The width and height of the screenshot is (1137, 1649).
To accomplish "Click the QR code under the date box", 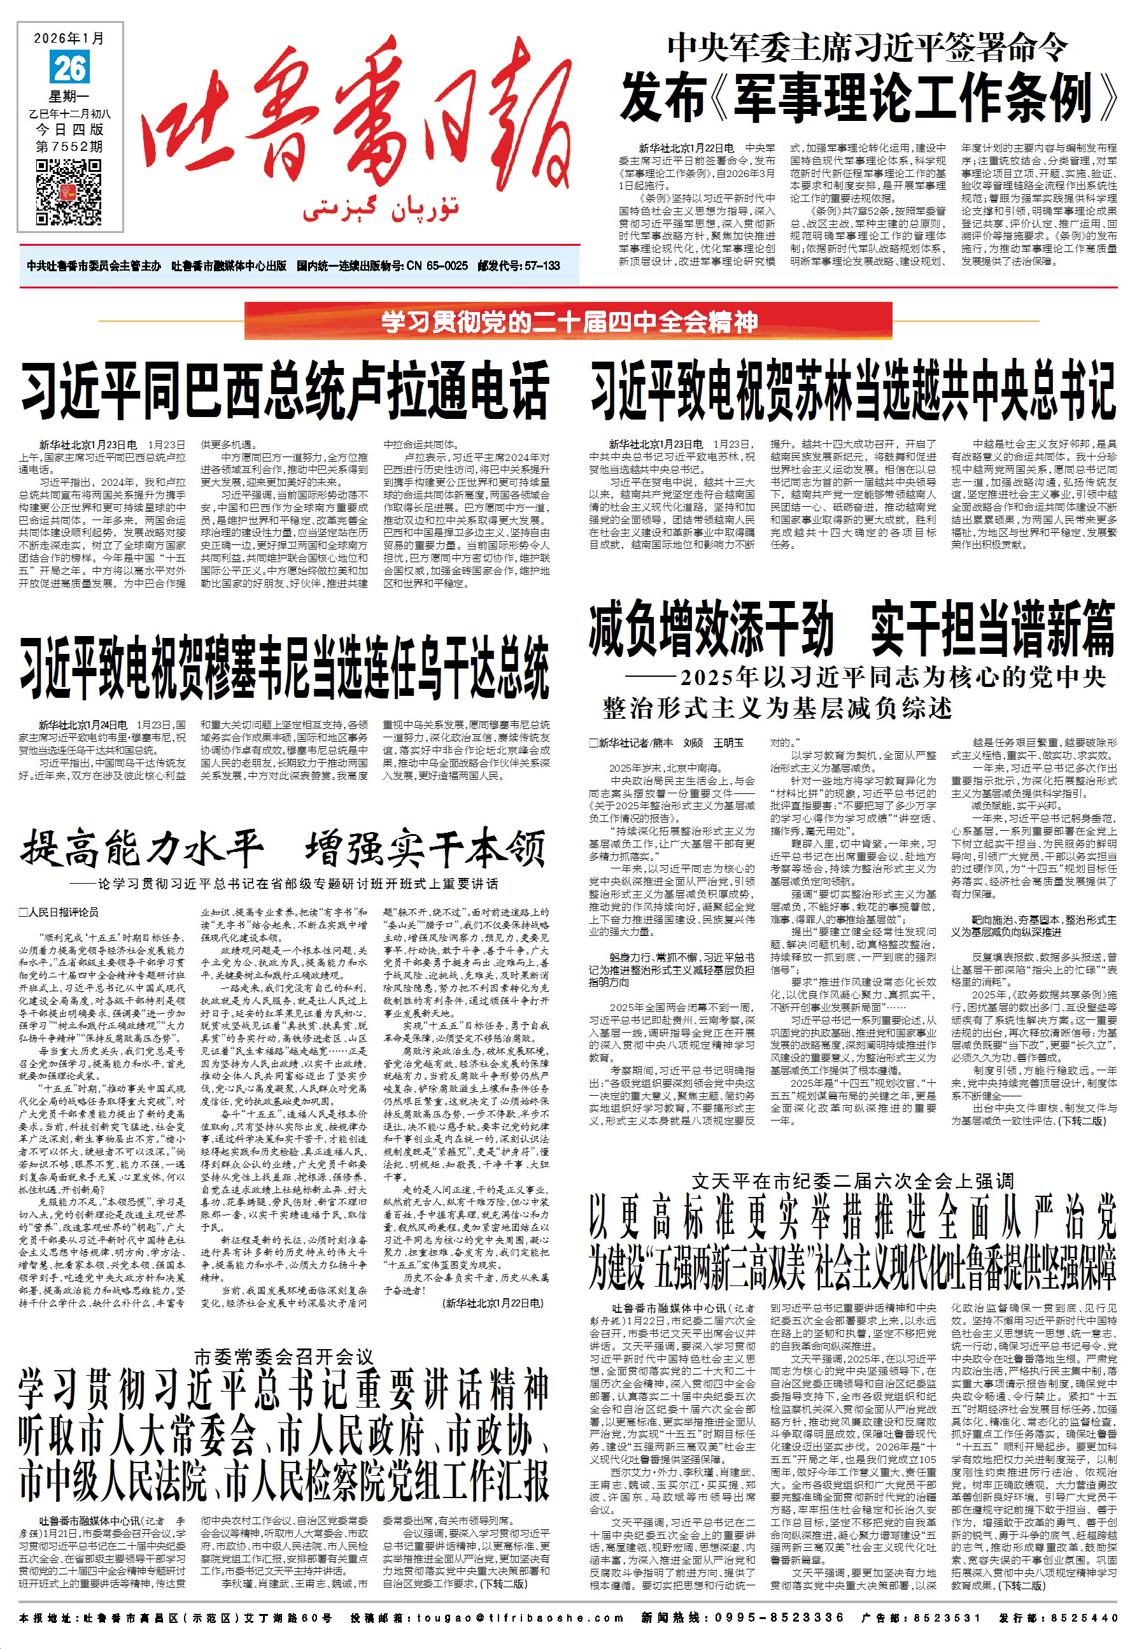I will pos(69,192).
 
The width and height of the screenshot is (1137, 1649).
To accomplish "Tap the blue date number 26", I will pos(69,68).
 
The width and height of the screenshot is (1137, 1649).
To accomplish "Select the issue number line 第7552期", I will pos(70,146).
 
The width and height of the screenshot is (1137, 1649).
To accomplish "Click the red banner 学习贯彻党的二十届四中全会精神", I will pos(568,322).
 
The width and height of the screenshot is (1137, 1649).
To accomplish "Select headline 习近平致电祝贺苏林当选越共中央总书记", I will pos(852,391).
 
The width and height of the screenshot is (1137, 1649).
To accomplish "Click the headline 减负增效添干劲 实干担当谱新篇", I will pos(852,628).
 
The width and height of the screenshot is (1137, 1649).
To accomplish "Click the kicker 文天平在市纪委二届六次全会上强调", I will pos(852,1182).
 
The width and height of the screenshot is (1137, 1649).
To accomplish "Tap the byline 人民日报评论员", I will pos(60,912).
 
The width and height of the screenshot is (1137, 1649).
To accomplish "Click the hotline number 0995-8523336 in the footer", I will pos(779,1618).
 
